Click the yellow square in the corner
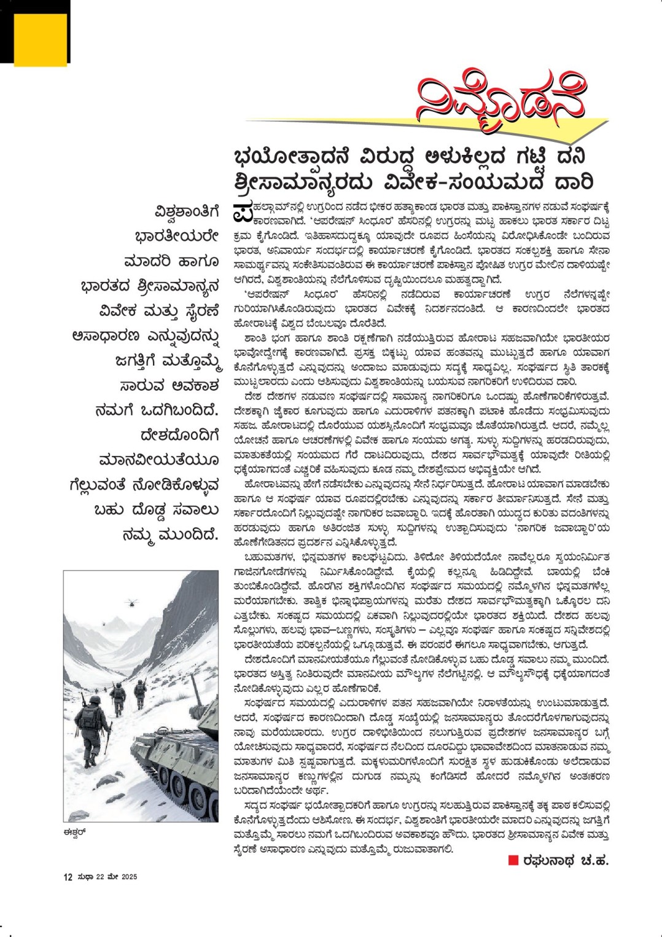(40, 39)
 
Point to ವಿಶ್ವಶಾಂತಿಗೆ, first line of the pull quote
(187, 212)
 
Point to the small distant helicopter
(103, 624)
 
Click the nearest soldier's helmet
(95, 700)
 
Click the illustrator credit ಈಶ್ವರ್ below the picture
(72, 831)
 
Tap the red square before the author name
(513, 860)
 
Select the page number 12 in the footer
(68, 877)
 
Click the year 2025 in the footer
(129, 877)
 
